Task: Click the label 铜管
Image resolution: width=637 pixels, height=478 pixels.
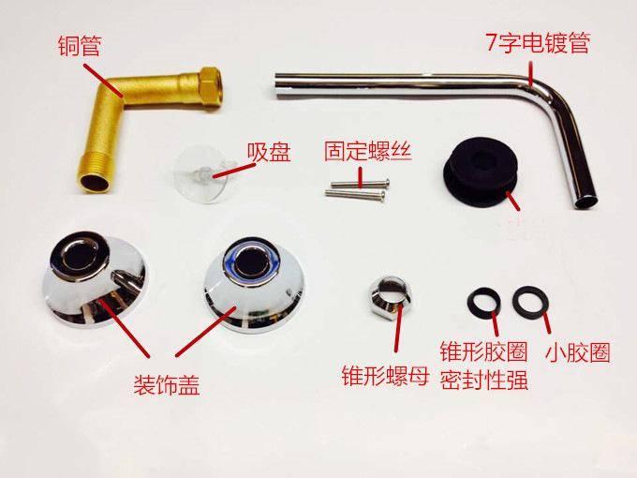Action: (x=80, y=45)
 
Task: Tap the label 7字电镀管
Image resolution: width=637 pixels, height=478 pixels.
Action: (x=538, y=42)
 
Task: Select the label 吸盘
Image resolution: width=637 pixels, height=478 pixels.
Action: (x=269, y=153)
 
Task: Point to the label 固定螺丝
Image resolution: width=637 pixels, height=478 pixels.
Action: (x=368, y=151)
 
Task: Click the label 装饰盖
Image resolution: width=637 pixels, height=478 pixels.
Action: (x=167, y=384)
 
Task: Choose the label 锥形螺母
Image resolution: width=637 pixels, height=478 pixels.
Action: (x=385, y=376)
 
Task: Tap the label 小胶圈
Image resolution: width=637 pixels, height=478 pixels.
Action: (x=577, y=352)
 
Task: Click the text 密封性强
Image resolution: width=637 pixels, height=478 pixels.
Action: (x=484, y=380)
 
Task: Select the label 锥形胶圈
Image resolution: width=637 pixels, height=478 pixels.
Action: (x=484, y=351)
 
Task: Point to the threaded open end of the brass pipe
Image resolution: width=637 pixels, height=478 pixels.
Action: (x=94, y=179)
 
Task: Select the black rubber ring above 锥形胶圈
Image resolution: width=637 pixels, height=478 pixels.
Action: (x=483, y=303)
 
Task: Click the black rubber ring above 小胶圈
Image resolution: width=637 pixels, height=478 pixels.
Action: (x=530, y=302)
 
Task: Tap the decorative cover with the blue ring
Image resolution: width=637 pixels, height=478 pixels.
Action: (x=253, y=284)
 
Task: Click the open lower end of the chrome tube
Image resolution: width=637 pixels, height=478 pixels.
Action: (x=587, y=202)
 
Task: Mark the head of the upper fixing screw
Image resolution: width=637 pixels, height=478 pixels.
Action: (x=387, y=183)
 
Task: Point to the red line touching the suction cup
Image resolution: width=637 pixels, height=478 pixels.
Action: (x=232, y=172)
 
